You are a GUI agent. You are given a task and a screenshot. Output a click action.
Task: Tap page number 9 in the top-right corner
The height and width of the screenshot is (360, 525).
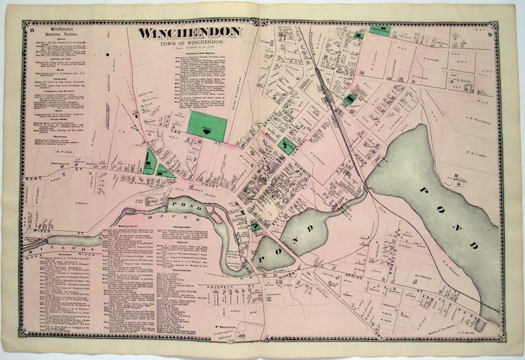click(x=505, y=28)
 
